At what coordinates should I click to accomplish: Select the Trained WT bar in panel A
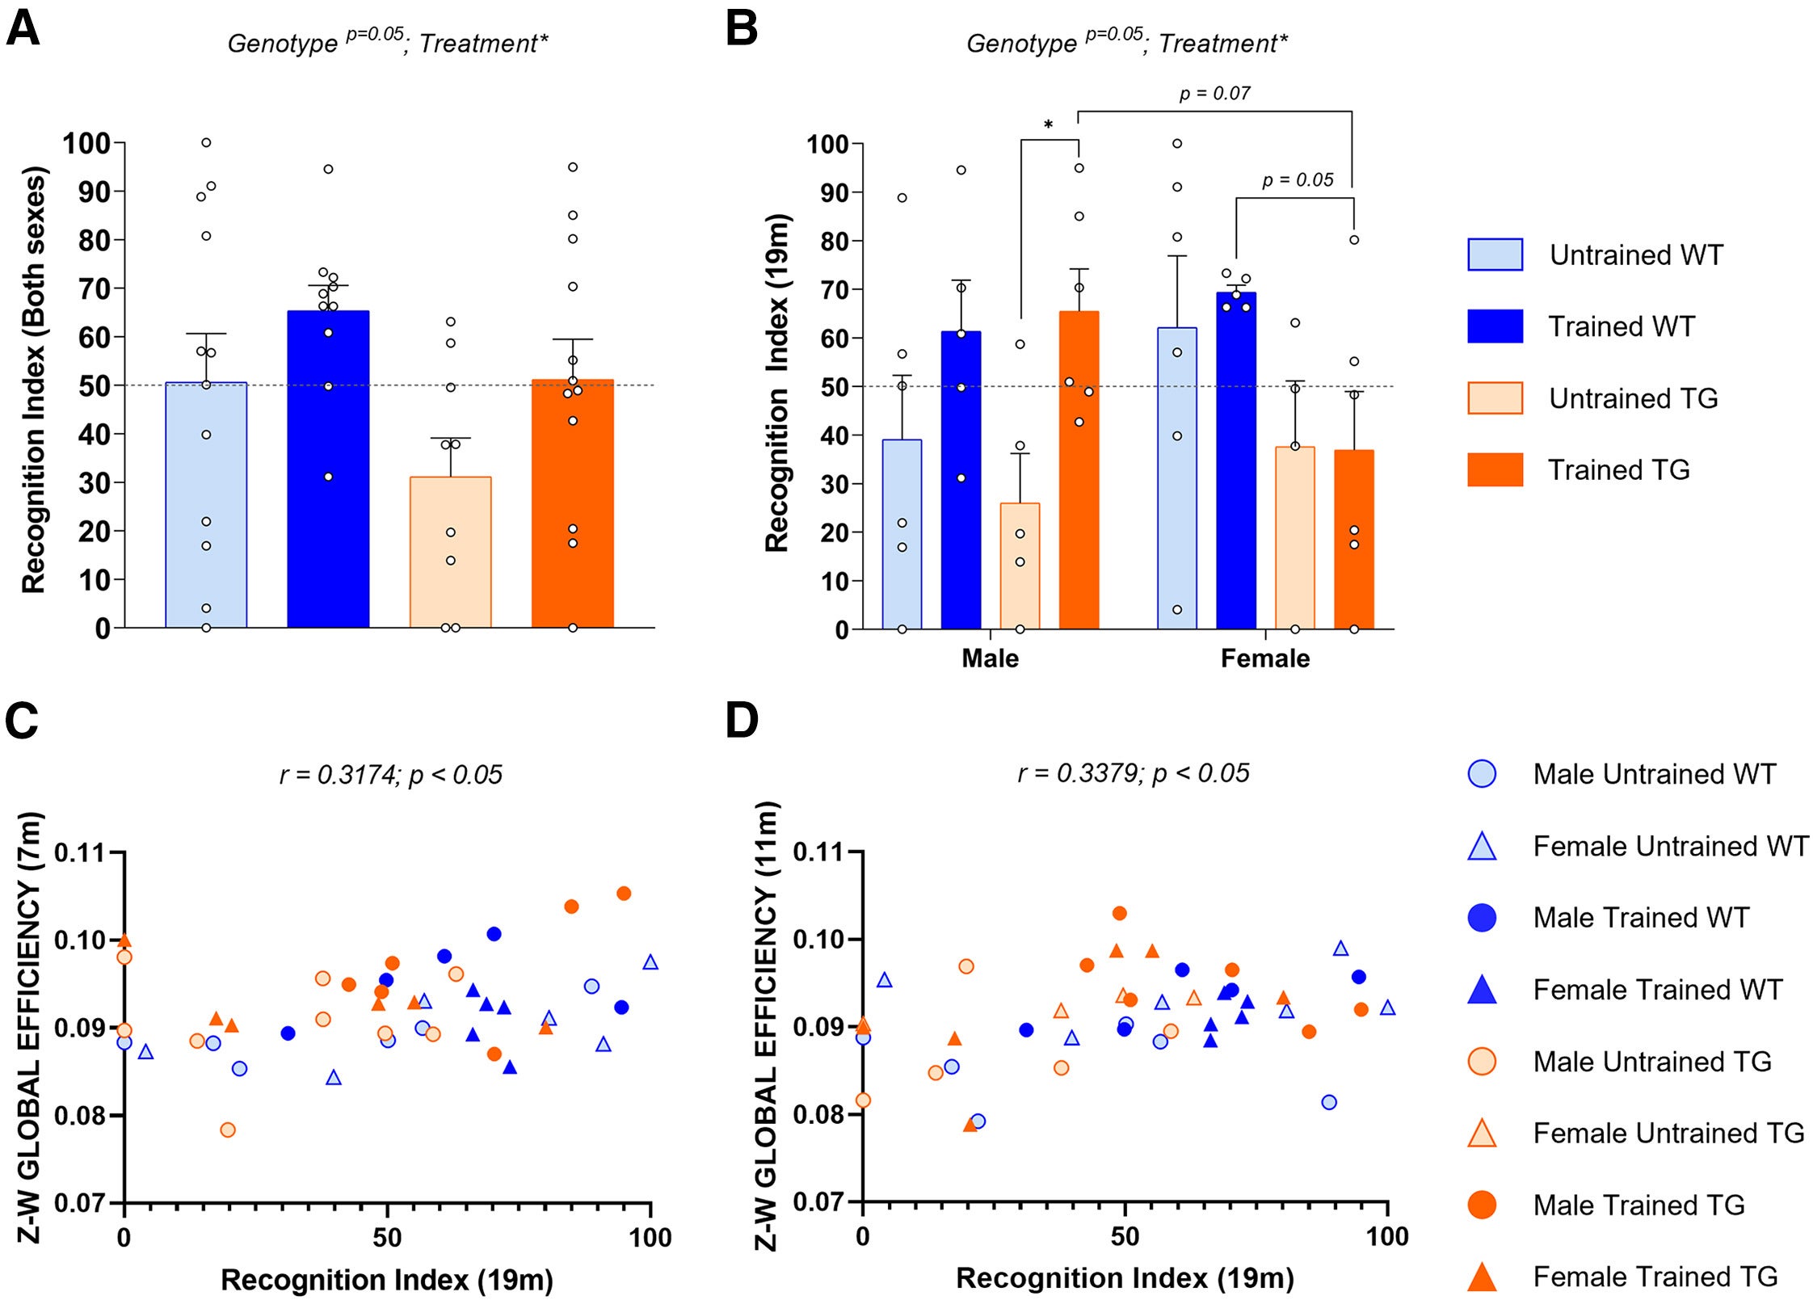tap(328, 469)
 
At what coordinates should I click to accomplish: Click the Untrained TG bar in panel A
tap(450, 553)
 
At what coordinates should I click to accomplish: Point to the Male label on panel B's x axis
tap(990, 658)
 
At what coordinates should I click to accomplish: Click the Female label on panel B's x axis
tap(1264, 658)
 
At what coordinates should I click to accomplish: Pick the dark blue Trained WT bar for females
tap(1236, 461)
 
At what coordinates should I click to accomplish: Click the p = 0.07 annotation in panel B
tap(1214, 94)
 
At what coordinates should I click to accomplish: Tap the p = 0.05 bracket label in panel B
tap(1297, 180)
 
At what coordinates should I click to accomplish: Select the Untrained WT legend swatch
tap(1495, 255)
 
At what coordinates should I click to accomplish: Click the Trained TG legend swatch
tap(1495, 469)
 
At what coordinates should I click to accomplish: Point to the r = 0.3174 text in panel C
tap(391, 775)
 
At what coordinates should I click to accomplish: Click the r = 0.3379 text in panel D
tap(1133, 773)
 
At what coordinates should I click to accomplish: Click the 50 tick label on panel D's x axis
tap(1124, 1236)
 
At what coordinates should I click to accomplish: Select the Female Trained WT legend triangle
tap(1481, 991)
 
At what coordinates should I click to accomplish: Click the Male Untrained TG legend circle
tap(1481, 1061)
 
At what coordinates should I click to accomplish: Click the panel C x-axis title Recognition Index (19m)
tap(386, 1280)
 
